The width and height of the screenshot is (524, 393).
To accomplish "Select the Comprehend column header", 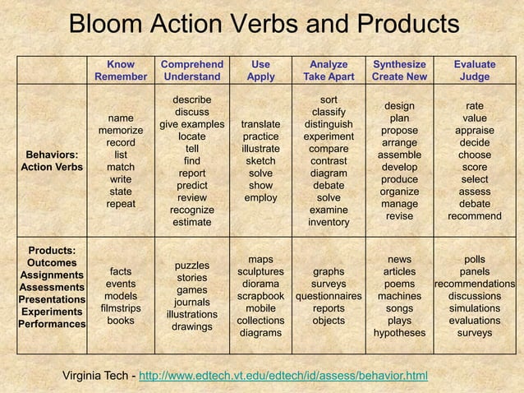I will click(191, 63).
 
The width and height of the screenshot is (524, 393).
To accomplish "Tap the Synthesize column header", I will click(399, 63).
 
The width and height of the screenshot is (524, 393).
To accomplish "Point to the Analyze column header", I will click(329, 63).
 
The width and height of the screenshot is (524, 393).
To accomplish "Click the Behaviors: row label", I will click(53, 155).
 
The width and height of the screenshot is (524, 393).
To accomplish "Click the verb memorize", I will click(121, 130).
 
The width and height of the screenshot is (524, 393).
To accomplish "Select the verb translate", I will click(260, 125).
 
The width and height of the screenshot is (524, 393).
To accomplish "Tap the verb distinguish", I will click(329, 124).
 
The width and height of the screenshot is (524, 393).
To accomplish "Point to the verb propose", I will click(399, 130).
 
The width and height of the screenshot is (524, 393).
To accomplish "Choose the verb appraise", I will click(474, 130).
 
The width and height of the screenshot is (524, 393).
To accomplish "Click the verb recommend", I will click(474, 216).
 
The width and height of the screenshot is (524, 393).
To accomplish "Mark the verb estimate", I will click(191, 222).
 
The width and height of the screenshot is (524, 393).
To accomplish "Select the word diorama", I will click(260, 284).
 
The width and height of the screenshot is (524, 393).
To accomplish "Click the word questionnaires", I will click(329, 296).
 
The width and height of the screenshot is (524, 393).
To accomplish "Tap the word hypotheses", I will click(399, 333).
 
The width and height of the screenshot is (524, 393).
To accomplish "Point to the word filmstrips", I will click(121, 308).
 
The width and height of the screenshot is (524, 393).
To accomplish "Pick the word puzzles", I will click(191, 266).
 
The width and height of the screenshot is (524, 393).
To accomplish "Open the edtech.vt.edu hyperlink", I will click(278, 376).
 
